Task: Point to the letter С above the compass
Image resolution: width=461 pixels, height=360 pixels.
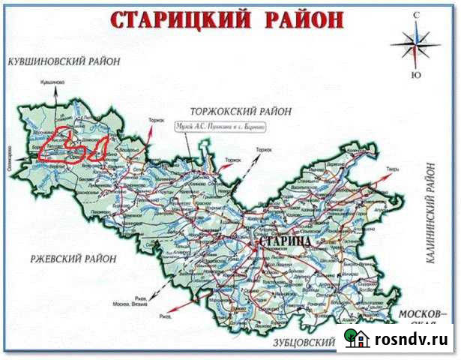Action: pyautogui.click(x=416, y=13)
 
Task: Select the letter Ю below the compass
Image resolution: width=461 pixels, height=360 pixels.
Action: pyautogui.click(x=416, y=75)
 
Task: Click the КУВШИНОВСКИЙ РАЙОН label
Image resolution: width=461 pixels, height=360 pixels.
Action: pyautogui.click(x=62, y=63)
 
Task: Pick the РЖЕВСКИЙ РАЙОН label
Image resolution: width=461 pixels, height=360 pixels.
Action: pyautogui.click(x=73, y=259)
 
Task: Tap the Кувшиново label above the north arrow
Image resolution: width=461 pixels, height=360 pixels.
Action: pyautogui.click(x=52, y=82)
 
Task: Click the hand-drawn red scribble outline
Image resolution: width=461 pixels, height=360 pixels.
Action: pyautogui.click(x=73, y=148)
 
